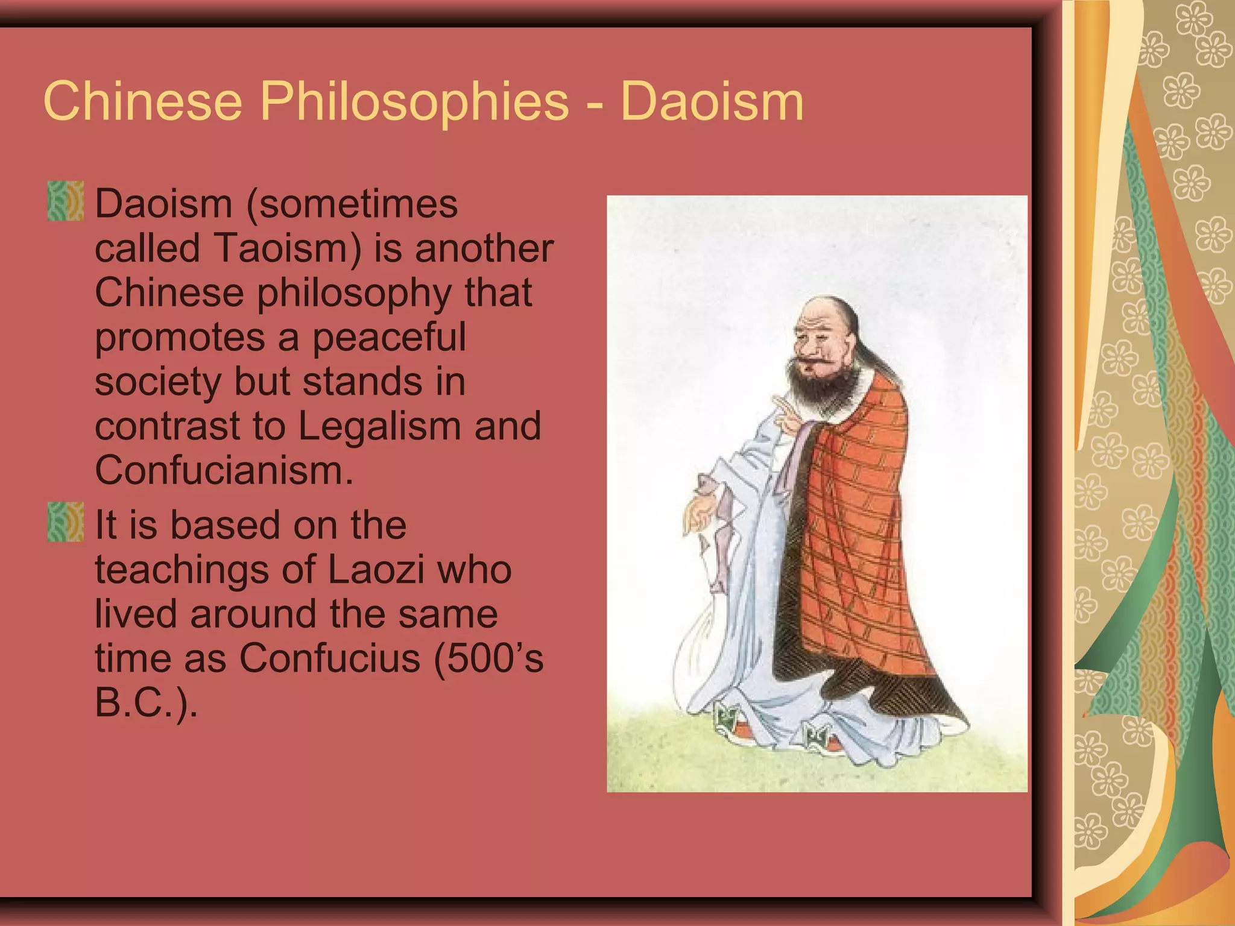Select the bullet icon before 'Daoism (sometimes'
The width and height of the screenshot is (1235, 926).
tap(65, 201)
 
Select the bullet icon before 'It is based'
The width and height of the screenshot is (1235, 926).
tap(65, 522)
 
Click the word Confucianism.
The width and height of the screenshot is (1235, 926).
tap(224, 470)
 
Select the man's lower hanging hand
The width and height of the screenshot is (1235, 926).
tap(700, 512)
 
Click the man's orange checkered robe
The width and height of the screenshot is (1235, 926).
tap(856, 531)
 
